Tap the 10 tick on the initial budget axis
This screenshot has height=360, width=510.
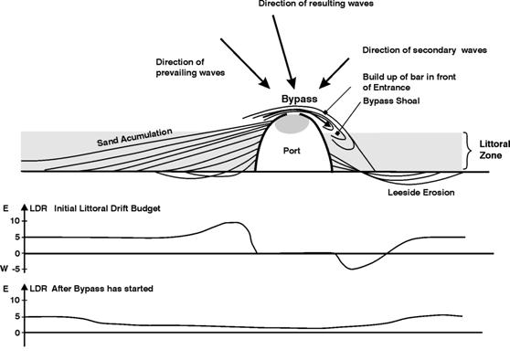click(14, 220)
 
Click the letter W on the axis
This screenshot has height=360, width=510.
click(5, 268)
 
